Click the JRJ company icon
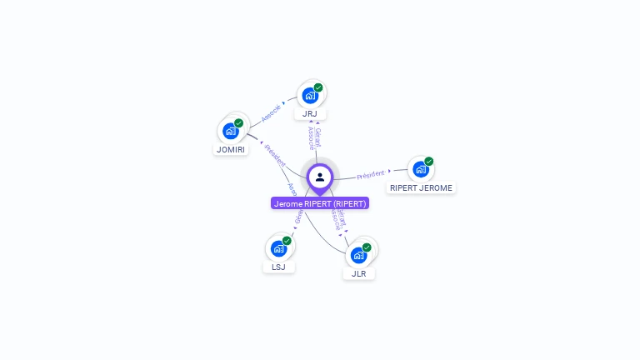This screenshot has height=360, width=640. point(310,96)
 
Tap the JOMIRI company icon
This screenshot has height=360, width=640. point(231,131)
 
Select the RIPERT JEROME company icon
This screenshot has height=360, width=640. point(421,169)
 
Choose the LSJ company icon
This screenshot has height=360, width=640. point(278,248)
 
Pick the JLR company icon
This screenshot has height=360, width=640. point(358,255)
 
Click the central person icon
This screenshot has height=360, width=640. point(320,177)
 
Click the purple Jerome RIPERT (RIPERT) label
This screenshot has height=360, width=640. point(320,203)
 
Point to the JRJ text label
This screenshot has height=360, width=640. point(310,113)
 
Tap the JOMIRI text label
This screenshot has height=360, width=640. point(231,150)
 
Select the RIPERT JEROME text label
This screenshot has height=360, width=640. point(421,188)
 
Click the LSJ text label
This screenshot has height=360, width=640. point(278,267)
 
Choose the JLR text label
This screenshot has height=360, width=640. point(358,273)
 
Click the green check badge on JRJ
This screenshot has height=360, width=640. point(318,87)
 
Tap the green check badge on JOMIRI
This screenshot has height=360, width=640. point(239,123)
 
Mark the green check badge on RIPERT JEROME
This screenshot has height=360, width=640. point(429,162)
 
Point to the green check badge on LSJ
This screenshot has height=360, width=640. point(287,241)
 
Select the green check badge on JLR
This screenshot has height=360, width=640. point(367,247)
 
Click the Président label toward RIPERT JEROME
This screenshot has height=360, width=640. point(371,174)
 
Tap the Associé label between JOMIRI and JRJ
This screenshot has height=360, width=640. point(271,113)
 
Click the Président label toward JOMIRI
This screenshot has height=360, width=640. point(274,156)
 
